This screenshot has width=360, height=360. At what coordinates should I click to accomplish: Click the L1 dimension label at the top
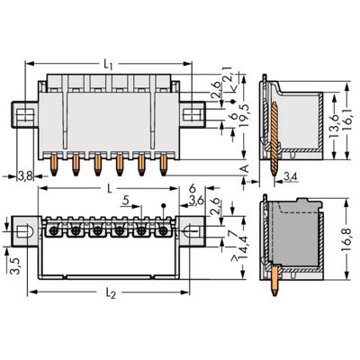coord(109,65)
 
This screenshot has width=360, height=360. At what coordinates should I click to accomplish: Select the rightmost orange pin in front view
coord(164,165)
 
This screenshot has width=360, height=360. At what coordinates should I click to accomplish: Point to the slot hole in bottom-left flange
coord(27,230)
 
